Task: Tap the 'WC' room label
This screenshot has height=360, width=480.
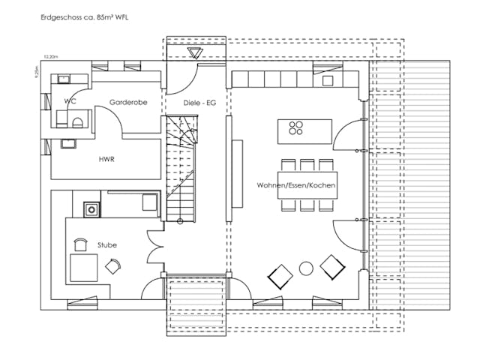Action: coord(70,100)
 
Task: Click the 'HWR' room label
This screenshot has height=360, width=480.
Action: coord(106,160)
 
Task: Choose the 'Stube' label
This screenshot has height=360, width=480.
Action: coord(106,244)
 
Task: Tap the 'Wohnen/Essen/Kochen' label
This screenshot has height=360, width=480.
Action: coord(295,184)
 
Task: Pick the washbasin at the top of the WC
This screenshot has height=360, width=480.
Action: coord(59,79)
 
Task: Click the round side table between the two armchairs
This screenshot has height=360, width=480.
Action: coord(306,268)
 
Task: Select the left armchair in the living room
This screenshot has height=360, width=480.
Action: coord(280,277)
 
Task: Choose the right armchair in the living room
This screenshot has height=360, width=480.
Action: coord(331,266)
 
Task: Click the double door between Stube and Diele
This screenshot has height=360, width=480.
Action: coord(155,248)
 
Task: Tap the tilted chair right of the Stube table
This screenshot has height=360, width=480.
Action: coord(113,266)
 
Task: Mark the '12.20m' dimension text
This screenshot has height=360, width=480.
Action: coord(51,56)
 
